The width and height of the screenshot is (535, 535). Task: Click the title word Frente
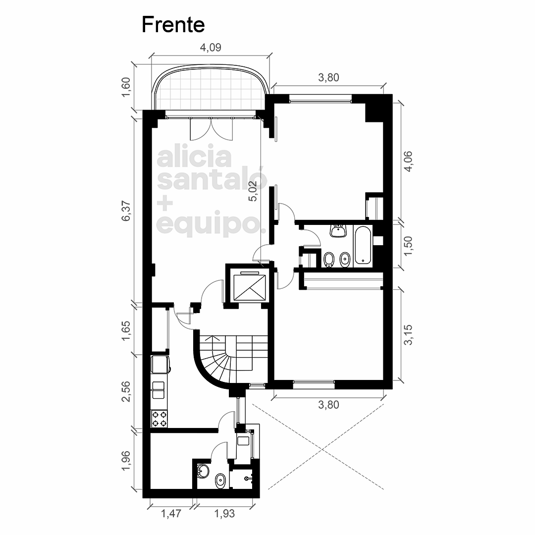pos(173,25)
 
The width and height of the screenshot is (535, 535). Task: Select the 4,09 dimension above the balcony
pos(211,48)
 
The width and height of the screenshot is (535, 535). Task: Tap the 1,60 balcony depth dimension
pos(126,87)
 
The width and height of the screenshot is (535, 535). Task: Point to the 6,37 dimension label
pos(126,211)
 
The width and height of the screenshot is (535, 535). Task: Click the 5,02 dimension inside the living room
pos(253,191)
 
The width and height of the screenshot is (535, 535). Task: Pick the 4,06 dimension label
pos(408,161)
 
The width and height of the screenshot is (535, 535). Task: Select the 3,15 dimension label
pos(408,335)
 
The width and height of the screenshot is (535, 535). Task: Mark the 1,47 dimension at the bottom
pos(171,513)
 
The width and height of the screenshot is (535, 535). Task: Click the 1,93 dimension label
pos(224,513)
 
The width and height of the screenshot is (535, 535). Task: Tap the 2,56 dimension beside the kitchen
pos(126,391)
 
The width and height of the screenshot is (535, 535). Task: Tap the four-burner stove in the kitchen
pos(160,419)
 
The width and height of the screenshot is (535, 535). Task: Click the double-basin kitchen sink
pos(159,390)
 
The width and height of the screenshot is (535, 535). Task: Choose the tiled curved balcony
pos(211,88)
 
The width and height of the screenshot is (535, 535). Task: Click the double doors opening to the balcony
pos(211,129)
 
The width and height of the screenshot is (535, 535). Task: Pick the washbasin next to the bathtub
pos(338,231)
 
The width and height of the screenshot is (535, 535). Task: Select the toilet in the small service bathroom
pos(220,481)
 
